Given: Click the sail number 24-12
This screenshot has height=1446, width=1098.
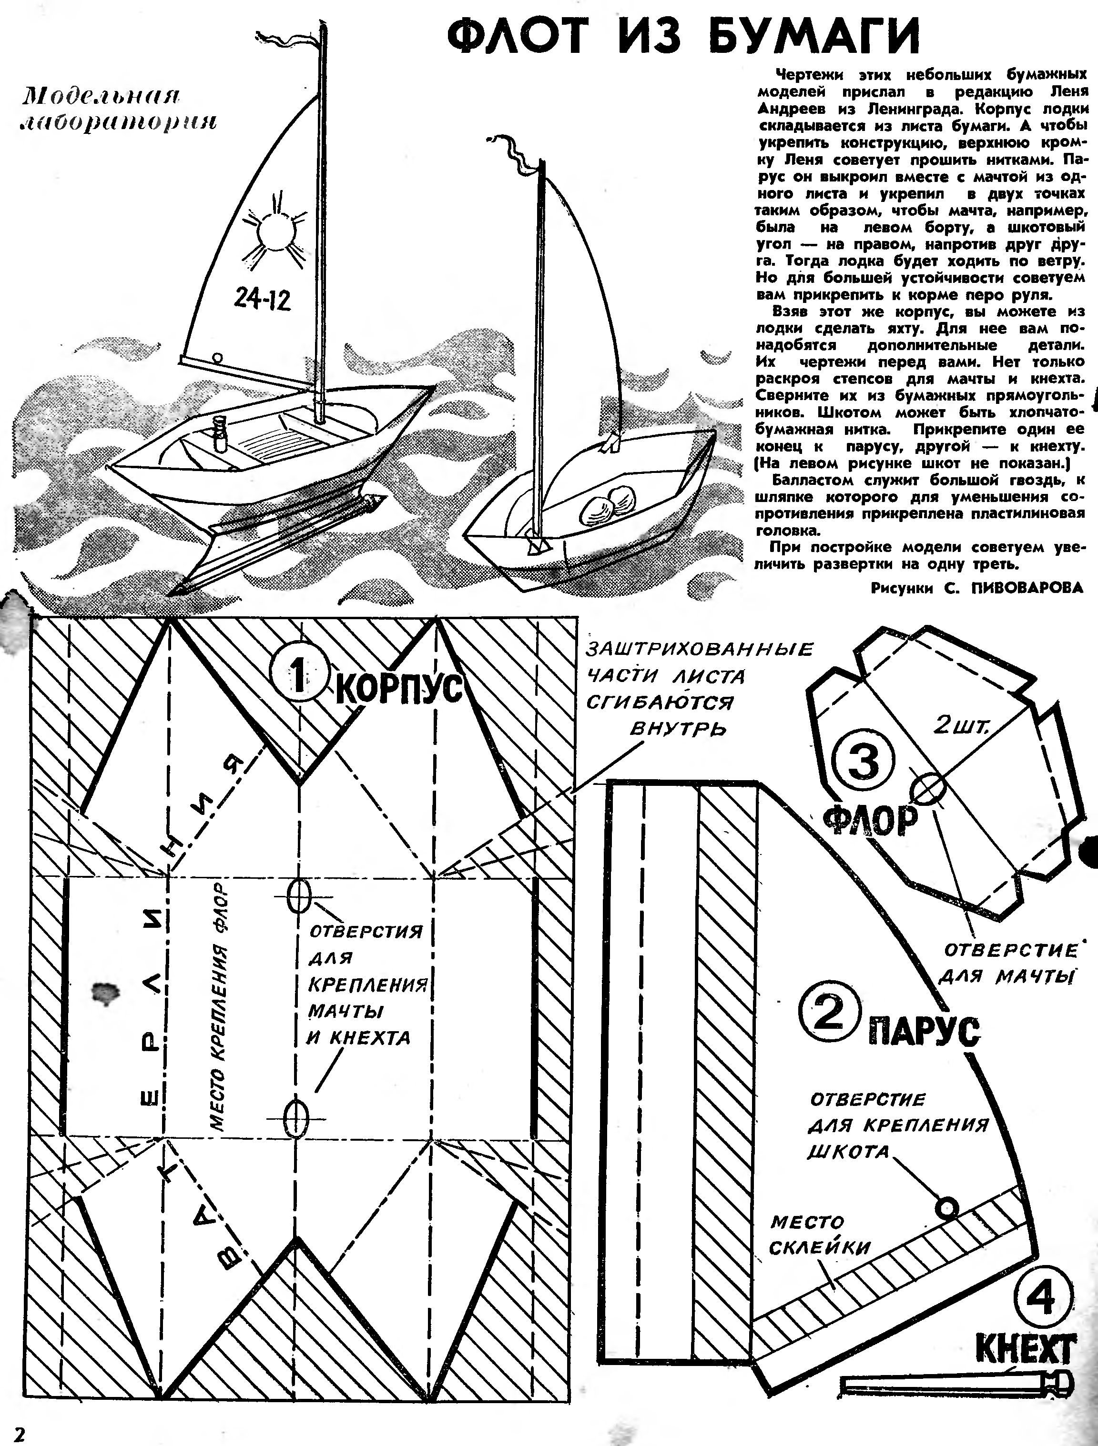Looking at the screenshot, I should click(262, 300).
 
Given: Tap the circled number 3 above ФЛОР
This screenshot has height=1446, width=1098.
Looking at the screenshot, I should click(863, 763).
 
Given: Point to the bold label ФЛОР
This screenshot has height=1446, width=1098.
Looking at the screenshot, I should click(870, 821).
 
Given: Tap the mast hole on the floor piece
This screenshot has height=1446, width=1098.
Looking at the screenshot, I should click(929, 789).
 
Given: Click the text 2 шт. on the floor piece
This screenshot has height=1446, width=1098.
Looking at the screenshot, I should click(963, 725).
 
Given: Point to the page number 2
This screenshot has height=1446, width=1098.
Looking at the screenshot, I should click(20, 1433).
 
